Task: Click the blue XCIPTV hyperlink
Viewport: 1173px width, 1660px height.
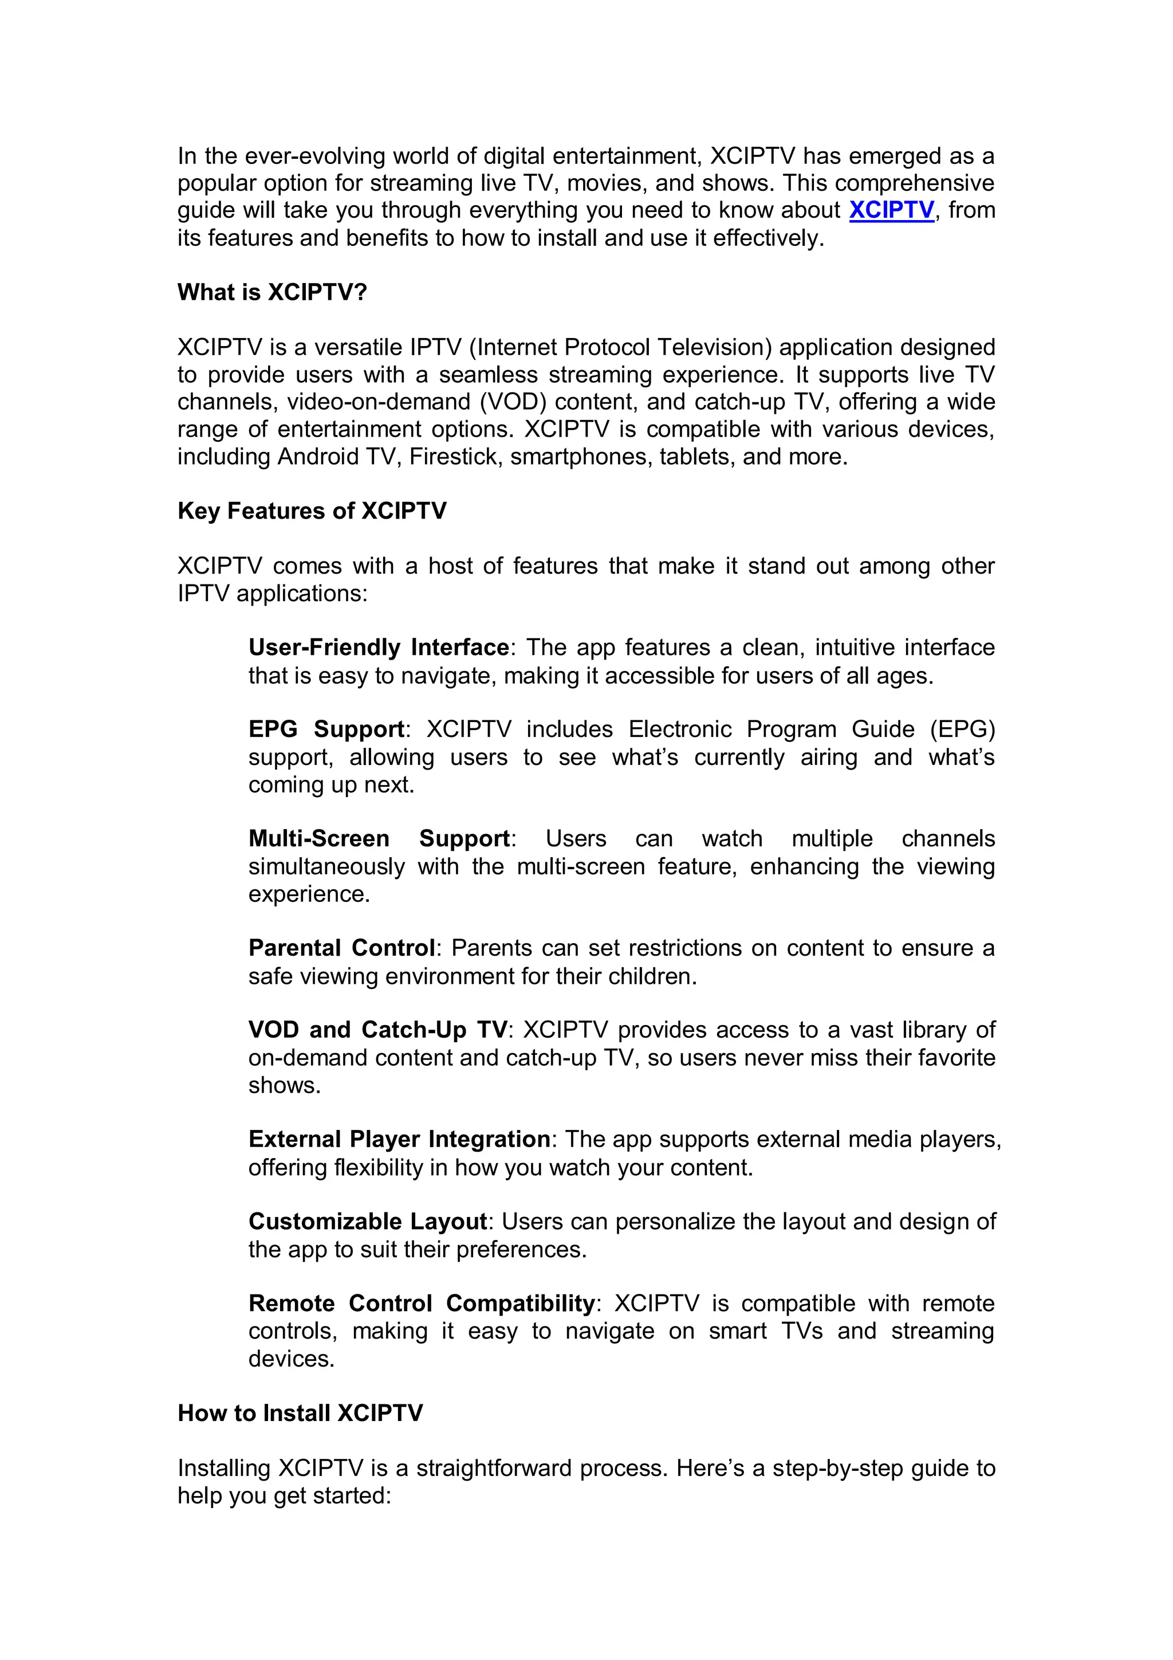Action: point(891,210)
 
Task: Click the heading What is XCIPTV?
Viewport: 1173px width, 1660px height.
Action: point(273,292)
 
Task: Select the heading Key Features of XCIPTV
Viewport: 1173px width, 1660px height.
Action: point(312,511)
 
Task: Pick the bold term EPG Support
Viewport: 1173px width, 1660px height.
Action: point(326,729)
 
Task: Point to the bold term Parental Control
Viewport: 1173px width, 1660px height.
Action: point(342,948)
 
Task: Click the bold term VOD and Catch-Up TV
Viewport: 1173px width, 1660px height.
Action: point(378,1030)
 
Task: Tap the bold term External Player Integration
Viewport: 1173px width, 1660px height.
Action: point(399,1140)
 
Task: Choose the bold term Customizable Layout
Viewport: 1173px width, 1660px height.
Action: point(368,1221)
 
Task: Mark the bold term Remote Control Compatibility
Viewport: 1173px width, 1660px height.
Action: point(422,1303)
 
